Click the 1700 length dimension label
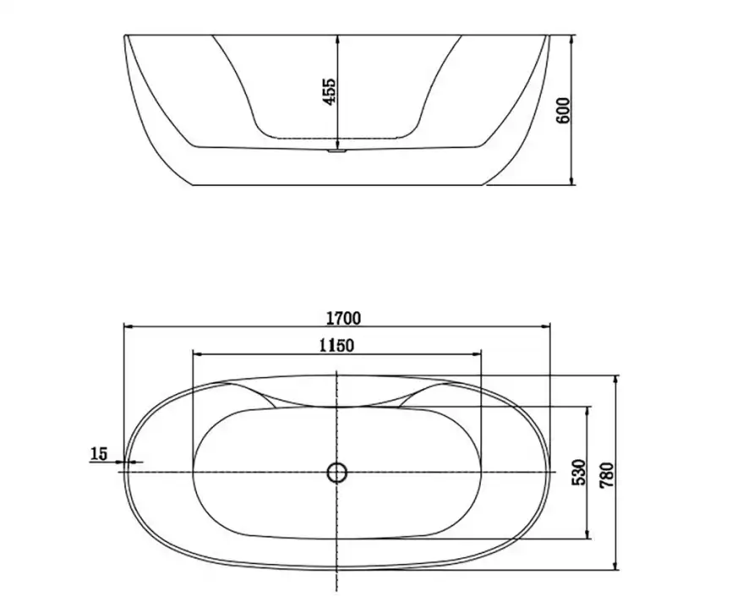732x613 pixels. point(343,318)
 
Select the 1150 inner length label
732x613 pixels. point(336,346)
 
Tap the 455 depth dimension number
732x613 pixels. point(329,91)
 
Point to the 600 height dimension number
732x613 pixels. point(564,110)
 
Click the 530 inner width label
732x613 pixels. point(578,472)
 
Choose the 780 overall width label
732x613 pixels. point(607,475)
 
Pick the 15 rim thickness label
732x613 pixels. point(99,453)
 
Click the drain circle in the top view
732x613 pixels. point(336,473)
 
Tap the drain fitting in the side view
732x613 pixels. point(336,151)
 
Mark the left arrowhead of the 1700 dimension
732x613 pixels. point(128,327)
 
